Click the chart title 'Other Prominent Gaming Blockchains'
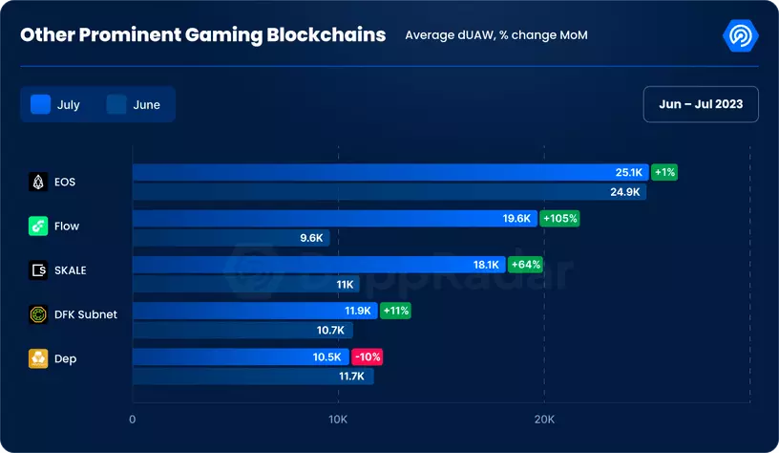click(203, 34)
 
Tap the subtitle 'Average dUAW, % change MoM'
click(495, 35)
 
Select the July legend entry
click(56, 104)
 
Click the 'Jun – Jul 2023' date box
click(701, 104)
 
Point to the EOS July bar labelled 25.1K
click(389, 172)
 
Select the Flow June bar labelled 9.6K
click(230, 238)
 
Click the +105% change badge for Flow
click(559, 218)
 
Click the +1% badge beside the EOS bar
click(664, 172)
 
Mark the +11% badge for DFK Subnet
click(395, 311)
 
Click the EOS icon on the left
click(38, 181)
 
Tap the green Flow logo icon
click(38, 226)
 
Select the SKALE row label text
click(71, 270)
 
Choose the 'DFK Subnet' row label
click(86, 314)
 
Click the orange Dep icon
click(38, 359)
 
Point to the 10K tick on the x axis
click(337, 420)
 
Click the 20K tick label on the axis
click(543, 420)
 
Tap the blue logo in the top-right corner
click(741, 35)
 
